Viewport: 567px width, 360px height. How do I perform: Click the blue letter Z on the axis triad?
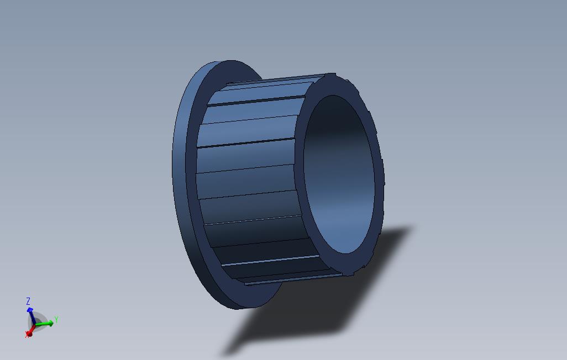click(x=28, y=301)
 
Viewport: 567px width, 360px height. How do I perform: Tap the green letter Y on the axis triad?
click(x=56, y=320)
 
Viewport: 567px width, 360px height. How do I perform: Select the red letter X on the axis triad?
click(x=27, y=335)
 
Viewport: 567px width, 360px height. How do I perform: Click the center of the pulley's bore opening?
click(x=339, y=174)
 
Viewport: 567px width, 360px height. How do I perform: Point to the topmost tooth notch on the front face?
click(x=330, y=75)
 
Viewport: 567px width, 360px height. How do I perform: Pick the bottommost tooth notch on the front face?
click(x=349, y=273)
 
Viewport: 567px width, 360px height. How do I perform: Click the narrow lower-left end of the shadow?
click(x=227, y=353)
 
